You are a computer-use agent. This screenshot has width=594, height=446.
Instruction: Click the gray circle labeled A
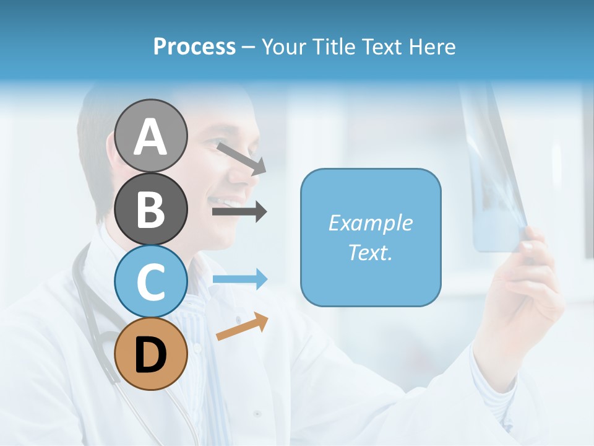pyautogui.click(x=151, y=136)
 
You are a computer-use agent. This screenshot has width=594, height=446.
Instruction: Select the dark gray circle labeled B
pyautogui.click(x=151, y=209)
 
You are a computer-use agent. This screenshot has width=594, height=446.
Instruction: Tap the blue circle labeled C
pyautogui.click(x=151, y=281)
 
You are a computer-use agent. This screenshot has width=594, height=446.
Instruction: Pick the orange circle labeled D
pyautogui.click(x=151, y=354)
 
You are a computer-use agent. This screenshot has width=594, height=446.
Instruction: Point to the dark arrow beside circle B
pyautogui.click(x=239, y=212)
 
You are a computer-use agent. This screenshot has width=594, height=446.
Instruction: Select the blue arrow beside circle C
pyautogui.click(x=239, y=279)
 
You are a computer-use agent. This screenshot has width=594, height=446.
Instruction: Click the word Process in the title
pyautogui.click(x=194, y=47)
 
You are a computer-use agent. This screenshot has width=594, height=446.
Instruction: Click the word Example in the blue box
pyautogui.click(x=371, y=223)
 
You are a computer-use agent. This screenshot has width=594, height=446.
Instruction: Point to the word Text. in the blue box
pyautogui.click(x=371, y=252)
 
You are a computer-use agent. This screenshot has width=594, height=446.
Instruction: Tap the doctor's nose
pyautogui.click(x=243, y=176)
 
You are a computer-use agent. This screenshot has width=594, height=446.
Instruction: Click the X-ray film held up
pyautogui.click(x=495, y=173)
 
